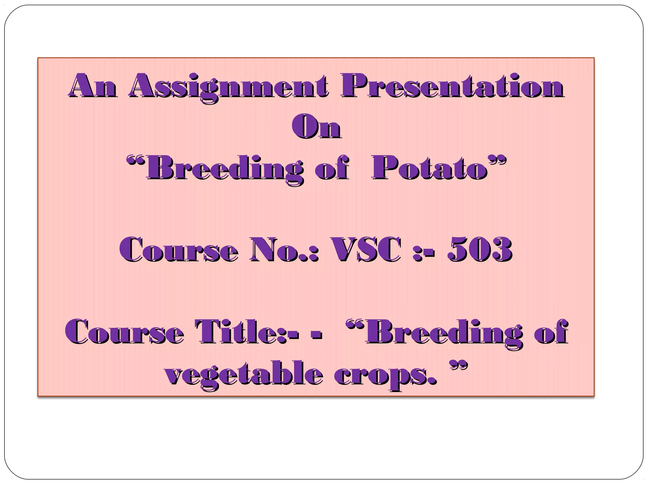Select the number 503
pos(480,250)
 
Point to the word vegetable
pos(243,375)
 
